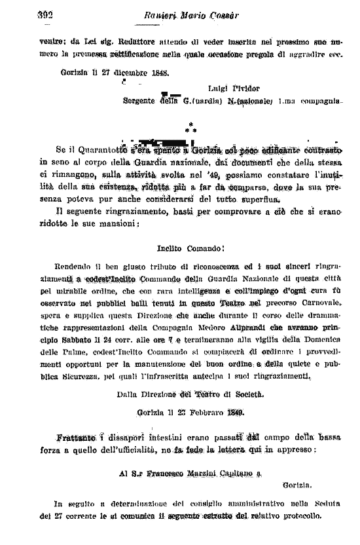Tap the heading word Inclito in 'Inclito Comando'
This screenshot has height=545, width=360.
171,250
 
